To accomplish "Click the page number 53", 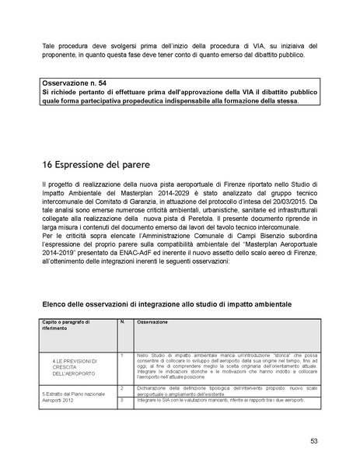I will coord(313,440).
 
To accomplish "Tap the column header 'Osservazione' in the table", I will coord(153,321).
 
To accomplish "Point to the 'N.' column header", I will coord(121,321).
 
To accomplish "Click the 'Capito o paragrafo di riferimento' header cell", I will coord(67,324).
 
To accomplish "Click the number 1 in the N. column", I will coord(122,356).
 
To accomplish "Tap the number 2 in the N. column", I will coord(122,386).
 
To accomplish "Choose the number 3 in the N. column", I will coord(122,398).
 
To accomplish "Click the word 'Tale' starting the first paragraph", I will coord(49,47).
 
